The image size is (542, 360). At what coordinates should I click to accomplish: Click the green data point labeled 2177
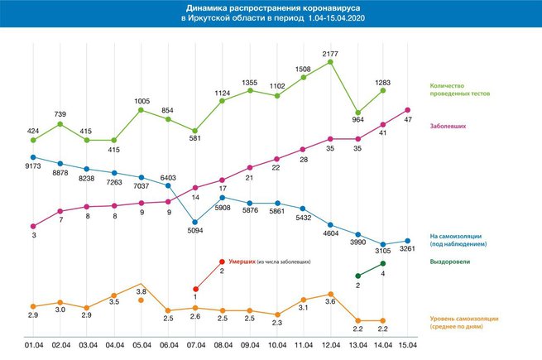[x=330, y=62]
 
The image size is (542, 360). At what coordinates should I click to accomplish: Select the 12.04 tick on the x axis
[x=331, y=345]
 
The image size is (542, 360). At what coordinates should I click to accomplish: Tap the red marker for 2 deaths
[x=223, y=262]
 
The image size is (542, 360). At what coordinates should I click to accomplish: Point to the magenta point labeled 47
[x=408, y=110]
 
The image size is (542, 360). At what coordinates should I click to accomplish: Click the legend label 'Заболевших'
[x=448, y=127]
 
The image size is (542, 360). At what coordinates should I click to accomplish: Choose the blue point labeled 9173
[x=33, y=157]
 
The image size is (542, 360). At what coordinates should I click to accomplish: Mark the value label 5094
[x=195, y=230]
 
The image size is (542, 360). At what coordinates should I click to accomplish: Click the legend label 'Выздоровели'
[x=449, y=262]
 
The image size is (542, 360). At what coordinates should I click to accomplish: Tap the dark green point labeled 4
[x=383, y=263]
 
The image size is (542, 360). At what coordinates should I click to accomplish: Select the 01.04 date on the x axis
[x=34, y=345]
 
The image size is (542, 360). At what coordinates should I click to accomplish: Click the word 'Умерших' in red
[x=242, y=262]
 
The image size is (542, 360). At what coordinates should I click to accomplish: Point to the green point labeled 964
[x=358, y=113]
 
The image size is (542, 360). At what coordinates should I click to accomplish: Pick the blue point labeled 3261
[x=408, y=241]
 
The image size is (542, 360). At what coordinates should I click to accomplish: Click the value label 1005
[x=142, y=101]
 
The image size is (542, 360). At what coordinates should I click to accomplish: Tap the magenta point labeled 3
[x=33, y=227]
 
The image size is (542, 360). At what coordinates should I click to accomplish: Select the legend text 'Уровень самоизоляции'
[x=464, y=319]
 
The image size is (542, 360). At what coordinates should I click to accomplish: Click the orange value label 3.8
[x=141, y=291]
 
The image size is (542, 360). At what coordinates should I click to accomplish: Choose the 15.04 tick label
[x=408, y=345]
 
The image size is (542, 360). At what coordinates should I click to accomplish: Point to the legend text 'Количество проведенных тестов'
[x=460, y=89]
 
